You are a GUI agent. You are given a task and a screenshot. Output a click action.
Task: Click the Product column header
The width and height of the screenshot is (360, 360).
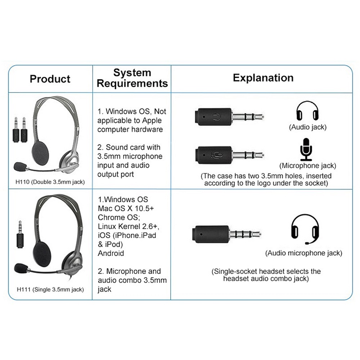50,79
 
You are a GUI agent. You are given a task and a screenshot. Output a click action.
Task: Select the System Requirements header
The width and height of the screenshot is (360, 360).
132,78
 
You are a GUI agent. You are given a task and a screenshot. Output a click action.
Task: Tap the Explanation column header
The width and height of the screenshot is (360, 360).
263,78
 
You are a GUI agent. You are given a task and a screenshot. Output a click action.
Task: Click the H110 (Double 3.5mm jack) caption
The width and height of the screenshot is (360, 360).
50,182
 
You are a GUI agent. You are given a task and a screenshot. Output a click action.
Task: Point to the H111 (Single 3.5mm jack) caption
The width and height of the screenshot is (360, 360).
50,289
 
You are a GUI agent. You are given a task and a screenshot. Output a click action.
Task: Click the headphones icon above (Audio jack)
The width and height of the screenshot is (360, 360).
307,111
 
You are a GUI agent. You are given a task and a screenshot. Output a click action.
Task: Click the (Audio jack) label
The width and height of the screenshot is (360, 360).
308,127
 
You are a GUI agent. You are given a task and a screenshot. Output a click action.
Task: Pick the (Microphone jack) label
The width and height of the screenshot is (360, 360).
308,166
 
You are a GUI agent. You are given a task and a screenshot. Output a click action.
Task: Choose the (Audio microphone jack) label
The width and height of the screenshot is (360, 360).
304,253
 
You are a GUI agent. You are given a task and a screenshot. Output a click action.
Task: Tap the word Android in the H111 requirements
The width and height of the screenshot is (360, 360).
111,253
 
